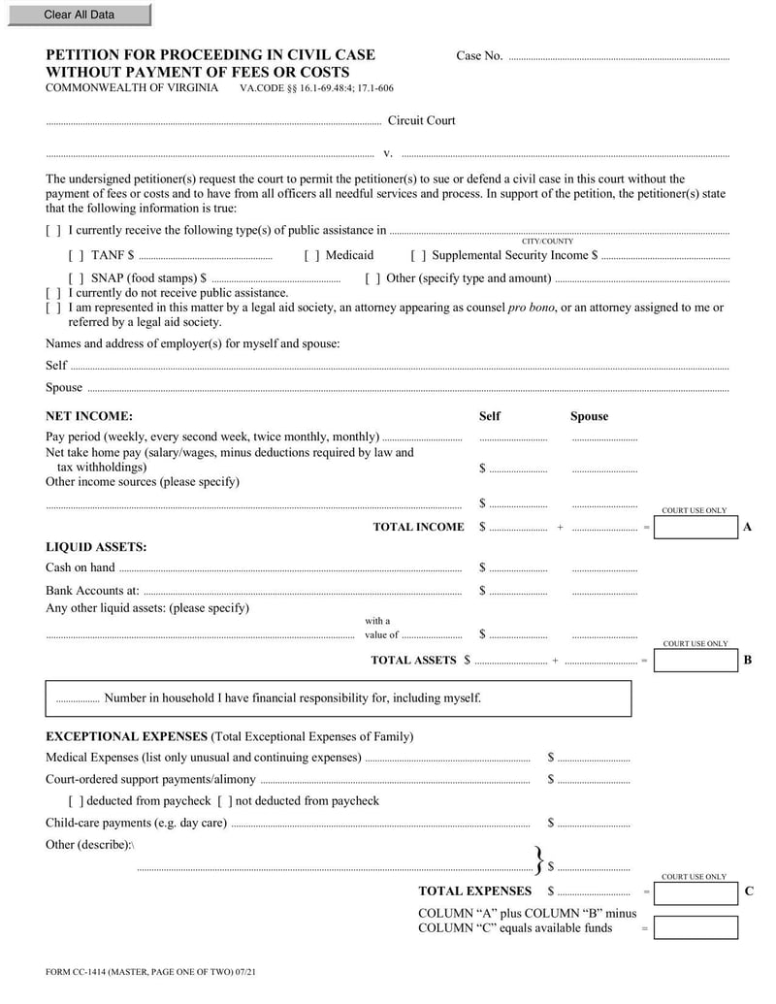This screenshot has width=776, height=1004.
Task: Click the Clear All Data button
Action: click(x=78, y=15)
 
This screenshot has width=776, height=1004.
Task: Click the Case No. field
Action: click(x=618, y=56)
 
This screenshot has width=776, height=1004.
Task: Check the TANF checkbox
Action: click(x=76, y=256)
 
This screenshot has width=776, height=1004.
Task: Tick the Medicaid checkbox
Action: click(x=311, y=256)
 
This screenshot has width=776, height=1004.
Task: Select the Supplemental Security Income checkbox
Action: click(x=418, y=256)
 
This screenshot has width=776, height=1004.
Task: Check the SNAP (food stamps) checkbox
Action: click(x=76, y=278)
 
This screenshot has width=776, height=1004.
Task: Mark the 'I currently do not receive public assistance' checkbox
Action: click(x=53, y=293)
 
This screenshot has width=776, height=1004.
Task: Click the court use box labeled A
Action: click(x=695, y=527)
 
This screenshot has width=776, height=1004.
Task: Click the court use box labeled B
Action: click(x=695, y=661)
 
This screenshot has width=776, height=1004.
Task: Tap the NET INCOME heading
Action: click(x=89, y=416)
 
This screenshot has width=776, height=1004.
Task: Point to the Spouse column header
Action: click(x=589, y=416)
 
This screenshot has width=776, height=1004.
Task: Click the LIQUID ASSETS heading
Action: click(x=96, y=547)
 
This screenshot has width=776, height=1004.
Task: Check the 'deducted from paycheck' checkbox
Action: click(x=76, y=801)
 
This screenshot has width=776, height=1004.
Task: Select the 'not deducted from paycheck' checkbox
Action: click(x=225, y=801)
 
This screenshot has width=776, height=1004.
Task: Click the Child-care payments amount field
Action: click(x=594, y=824)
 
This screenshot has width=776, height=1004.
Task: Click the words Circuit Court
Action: click(x=421, y=121)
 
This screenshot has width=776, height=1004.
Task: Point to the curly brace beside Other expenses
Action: click(x=538, y=858)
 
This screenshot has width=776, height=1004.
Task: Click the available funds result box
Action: click(x=695, y=927)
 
